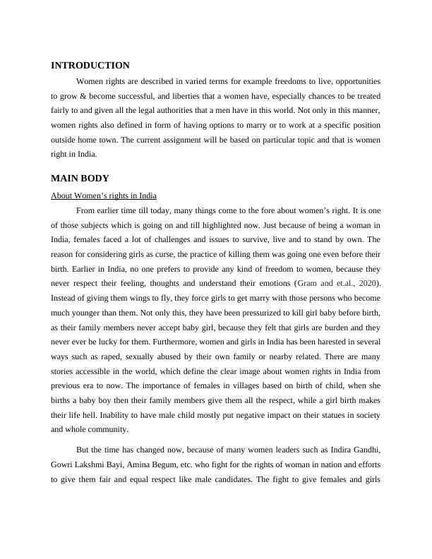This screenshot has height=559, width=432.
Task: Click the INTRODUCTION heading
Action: (90, 66)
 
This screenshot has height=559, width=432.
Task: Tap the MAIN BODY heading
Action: (80, 179)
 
